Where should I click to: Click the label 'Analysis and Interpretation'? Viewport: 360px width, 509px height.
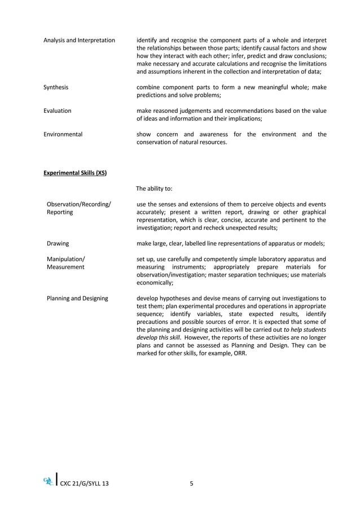click(79, 40)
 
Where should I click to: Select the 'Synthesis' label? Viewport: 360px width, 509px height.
click(56, 87)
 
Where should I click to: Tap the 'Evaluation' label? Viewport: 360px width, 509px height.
click(58, 111)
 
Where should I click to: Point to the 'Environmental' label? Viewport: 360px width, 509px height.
click(63, 134)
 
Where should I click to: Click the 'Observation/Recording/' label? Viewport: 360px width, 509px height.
click(79, 204)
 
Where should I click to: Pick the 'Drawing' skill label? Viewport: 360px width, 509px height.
click(58, 243)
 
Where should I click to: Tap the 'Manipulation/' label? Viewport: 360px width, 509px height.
click(66, 259)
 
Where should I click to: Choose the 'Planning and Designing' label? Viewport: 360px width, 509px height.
click(77, 298)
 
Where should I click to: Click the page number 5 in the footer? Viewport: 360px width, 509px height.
click(192, 483)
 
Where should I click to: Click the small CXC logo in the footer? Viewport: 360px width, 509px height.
click(49, 481)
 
